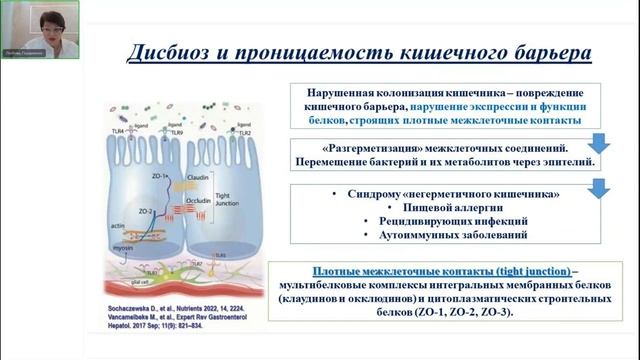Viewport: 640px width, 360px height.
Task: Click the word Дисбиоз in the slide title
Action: [173, 52]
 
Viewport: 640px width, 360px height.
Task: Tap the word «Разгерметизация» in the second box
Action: [338, 145]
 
